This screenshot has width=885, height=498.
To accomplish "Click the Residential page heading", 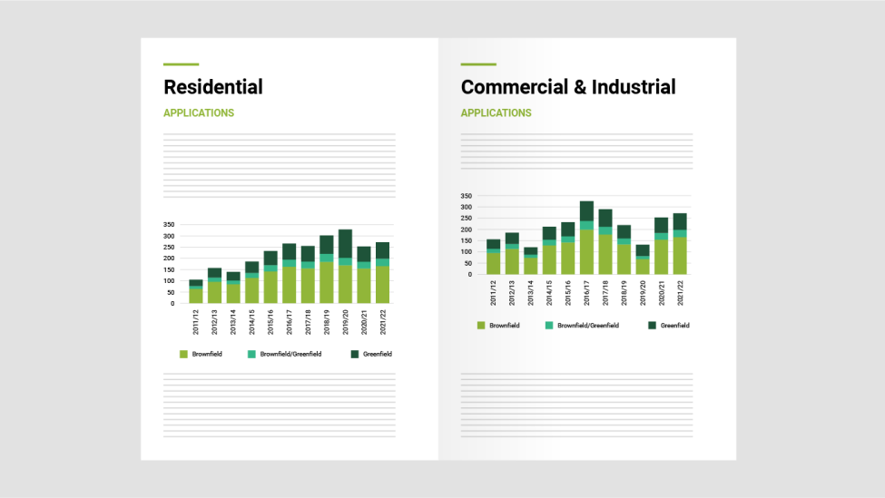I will pyautogui.click(x=213, y=87).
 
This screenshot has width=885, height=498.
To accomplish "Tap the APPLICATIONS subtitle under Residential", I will pyautogui.click(x=199, y=113).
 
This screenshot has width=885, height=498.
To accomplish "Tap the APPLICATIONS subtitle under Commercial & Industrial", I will pyautogui.click(x=497, y=113).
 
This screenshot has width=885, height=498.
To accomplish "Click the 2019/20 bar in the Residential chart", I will pyautogui.click(x=345, y=267).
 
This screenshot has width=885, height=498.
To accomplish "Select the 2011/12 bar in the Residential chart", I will pyautogui.click(x=196, y=291).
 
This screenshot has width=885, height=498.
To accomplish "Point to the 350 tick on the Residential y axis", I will pyautogui.click(x=169, y=224).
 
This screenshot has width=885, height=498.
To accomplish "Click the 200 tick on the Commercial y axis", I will pyautogui.click(x=467, y=229).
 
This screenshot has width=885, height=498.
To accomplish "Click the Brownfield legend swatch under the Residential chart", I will pyautogui.click(x=183, y=354).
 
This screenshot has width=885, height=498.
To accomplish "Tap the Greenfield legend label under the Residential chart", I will pyautogui.click(x=377, y=354).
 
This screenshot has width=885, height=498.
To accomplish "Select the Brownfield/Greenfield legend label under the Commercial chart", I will pyautogui.click(x=588, y=325).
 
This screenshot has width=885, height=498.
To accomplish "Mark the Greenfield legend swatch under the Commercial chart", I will pyautogui.click(x=652, y=325).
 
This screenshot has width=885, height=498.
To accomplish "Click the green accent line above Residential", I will pyautogui.click(x=181, y=64).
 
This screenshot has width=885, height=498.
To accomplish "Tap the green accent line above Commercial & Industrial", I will pyautogui.click(x=478, y=64).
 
